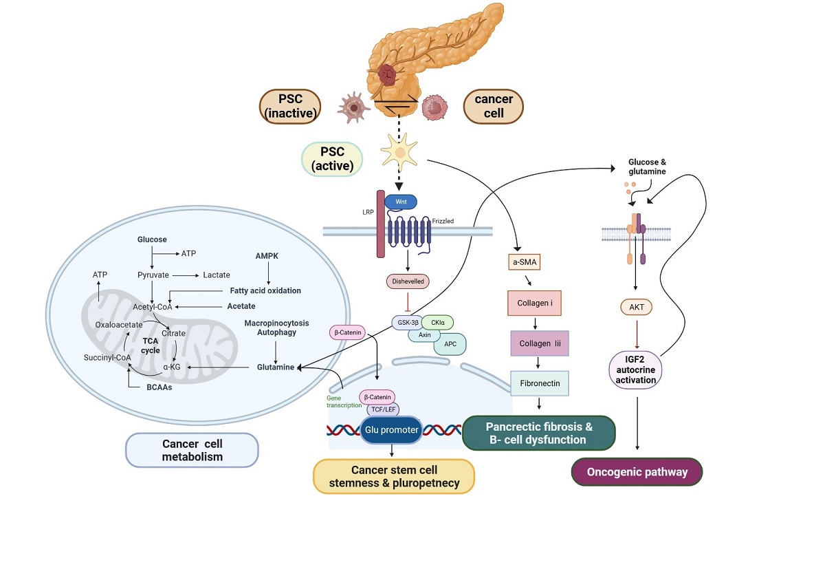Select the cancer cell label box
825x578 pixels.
pos(494,106)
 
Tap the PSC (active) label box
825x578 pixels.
pos(332,158)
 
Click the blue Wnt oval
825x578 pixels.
pos(401,202)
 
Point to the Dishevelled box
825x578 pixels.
pos(408,281)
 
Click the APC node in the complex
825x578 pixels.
pos(450,342)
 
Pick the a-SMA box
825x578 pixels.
pos(520,261)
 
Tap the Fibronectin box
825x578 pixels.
pos(539,383)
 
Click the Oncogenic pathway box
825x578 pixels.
pos(637,473)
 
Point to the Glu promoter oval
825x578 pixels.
pos(390,430)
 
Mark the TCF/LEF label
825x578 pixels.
pos(383,409)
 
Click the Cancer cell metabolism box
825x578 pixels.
pos(192,450)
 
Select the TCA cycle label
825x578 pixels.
pos(151,345)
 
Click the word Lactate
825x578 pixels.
pos(217,275)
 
